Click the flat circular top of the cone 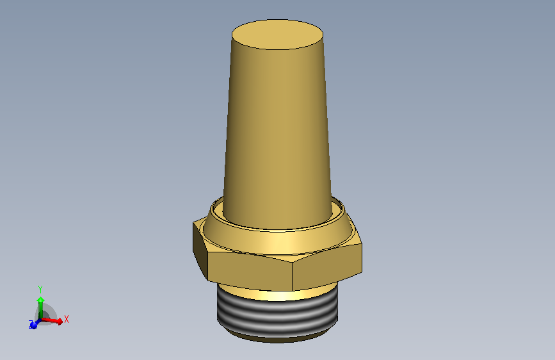pos(277,35)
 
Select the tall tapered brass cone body pos(278,128)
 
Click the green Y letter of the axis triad pos(40,289)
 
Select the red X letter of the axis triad pos(66,318)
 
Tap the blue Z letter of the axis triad pos(30,321)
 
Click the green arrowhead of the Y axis pos(40,300)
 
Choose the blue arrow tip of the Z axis pos(33,325)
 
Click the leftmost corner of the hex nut pos(193,224)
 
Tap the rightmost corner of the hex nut pos(362,242)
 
